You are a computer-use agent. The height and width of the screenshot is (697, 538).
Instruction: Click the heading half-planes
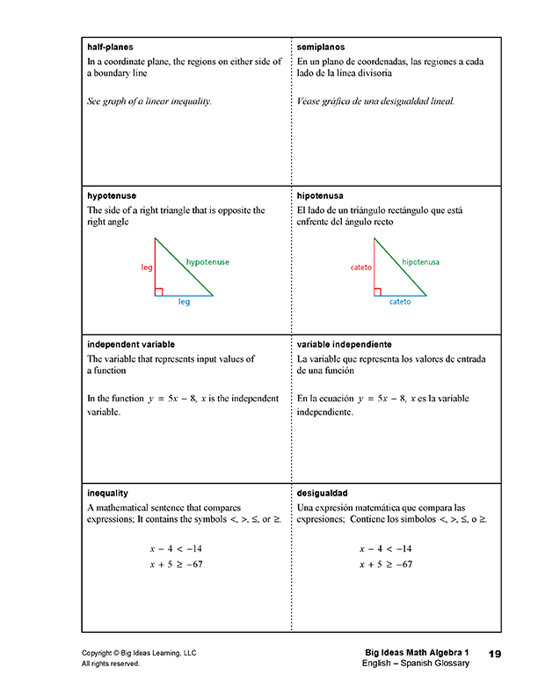pyautogui.click(x=111, y=47)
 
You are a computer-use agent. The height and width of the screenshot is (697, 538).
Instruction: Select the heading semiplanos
pyautogui.click(x=322, y=47)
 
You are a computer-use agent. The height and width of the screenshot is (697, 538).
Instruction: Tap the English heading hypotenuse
pyautogui.click(x=112, y=195)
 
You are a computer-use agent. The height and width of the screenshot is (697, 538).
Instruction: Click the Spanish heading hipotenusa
pyautogui.click(x=322, y=195)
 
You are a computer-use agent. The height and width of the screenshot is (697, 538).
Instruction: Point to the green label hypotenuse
pyautogui.click(x=207, y=262)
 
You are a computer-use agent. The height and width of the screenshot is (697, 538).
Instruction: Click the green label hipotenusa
pyautogui.click(x=420, y=262)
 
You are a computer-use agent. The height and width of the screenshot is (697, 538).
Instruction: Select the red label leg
pyautogui.click(x=147, y=267)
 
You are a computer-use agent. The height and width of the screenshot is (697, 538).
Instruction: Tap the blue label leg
pyautogui.click(x=184, y=302)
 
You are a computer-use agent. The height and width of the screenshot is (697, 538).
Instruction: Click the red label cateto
pyautogui.click(x=361, y=267)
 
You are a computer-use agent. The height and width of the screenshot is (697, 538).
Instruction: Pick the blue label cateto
pyautogui.click(x=400, y=302)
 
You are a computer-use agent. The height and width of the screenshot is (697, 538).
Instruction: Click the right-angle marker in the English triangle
pyautogui.click(x=158, y=292)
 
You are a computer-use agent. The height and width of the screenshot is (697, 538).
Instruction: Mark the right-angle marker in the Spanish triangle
pyautogui.click(x=377, y=292)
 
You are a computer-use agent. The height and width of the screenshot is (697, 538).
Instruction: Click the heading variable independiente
pyautogui.click(x=345, y=344)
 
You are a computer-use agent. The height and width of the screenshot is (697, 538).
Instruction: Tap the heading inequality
pyautogui.click(x=108, y=493)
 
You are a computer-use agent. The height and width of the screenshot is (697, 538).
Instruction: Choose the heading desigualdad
pyautogui.click(x=324, y=493)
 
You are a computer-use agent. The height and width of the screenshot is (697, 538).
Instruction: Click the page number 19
pyautogui.click(x=494, y=653)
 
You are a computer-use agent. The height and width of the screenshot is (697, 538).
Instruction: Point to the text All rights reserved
pyautogui.click(x=111, y=664)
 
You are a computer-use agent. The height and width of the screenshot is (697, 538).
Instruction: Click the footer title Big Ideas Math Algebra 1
pyautogui.click(x=418, y=653)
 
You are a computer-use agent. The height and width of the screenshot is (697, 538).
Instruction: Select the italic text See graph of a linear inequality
pyautogui.click(x=149, y=101)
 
